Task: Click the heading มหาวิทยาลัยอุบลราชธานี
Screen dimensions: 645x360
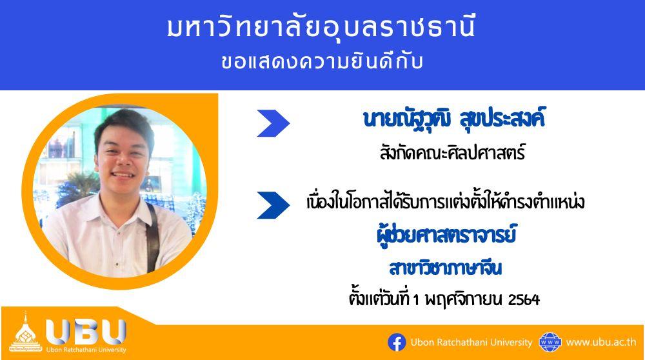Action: pos(321,27)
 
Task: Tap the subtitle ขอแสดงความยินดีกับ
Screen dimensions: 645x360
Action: pos(322,62)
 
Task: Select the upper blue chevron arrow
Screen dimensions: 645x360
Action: pos(273,123)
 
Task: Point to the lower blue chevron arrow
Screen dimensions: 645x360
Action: pos(273,205)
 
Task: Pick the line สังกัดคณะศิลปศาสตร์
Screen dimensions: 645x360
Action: pos(453,153)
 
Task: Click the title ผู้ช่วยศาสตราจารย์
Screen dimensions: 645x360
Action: pos(446,235)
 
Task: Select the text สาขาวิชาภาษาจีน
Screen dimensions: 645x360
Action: pos(446,268)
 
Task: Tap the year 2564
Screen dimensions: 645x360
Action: pos(524,300)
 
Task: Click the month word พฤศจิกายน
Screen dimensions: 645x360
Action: pos(461,299)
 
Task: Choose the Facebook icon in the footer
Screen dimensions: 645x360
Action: pos(397,343)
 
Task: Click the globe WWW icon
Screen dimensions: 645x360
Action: pos(550,343)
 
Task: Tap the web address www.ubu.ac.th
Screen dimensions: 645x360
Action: pos(601,343)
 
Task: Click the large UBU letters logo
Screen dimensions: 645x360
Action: pos(86,332)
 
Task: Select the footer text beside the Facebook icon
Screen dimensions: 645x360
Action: pos(471,343)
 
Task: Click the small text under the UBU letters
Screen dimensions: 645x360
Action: pos(86,350)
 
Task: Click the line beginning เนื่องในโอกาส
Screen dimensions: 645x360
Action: pos(446,203)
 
